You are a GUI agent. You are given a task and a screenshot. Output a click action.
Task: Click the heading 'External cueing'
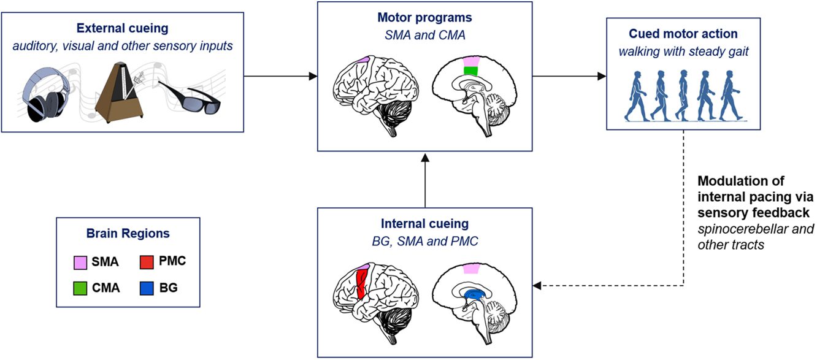(123, 28)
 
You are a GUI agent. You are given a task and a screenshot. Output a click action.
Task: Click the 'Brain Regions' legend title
(128, 234)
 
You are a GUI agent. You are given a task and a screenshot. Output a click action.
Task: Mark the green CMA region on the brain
(471, 71)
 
